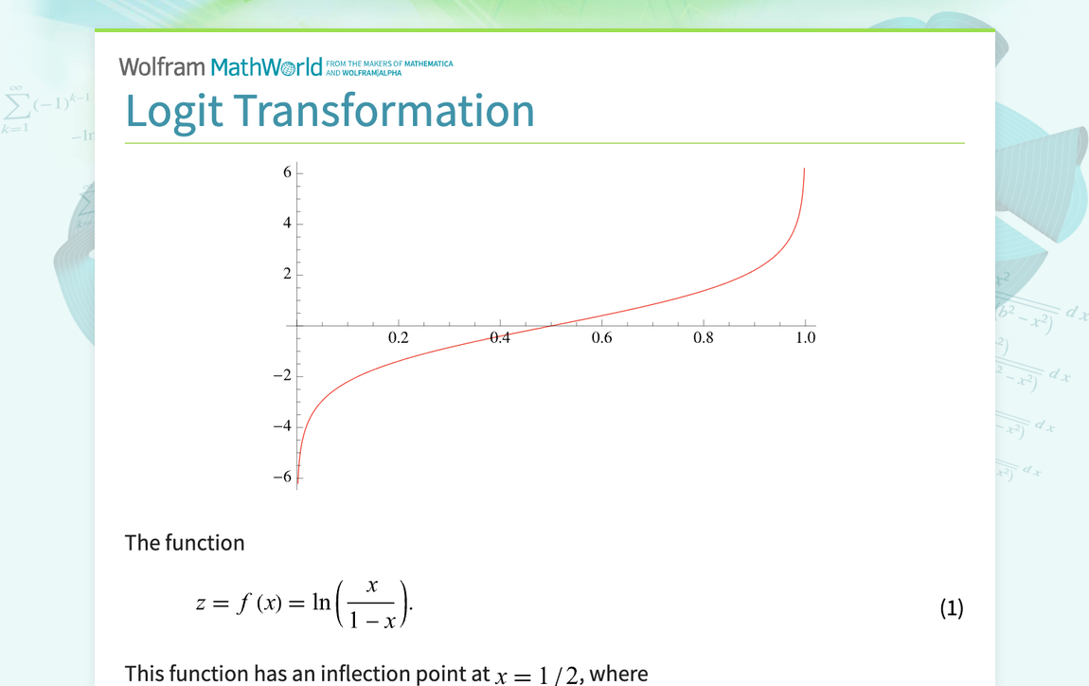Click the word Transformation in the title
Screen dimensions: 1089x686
[384, 111]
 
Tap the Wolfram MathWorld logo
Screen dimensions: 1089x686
[221, 66]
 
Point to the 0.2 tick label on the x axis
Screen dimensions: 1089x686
[399, 337]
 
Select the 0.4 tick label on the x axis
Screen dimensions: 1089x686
[500, 337]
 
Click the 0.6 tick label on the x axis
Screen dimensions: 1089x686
[601, 337]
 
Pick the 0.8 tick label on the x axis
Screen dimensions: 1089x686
[704, 337]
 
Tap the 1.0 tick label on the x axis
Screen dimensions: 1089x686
[806, 337]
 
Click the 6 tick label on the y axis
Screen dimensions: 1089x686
[288, 172]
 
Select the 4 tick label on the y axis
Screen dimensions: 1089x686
[288, 223]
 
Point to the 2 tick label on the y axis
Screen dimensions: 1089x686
[288, 274]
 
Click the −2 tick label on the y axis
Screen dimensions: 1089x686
[283, 375]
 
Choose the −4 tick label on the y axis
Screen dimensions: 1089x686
[283, 426]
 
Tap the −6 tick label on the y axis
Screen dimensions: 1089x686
[283, 477]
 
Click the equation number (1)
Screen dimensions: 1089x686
[952, 608]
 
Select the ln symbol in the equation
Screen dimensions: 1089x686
[321, 602]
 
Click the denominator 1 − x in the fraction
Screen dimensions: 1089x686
[371, 620]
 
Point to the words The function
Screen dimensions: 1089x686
[185, 543]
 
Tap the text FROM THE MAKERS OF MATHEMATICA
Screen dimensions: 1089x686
[389, 63]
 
